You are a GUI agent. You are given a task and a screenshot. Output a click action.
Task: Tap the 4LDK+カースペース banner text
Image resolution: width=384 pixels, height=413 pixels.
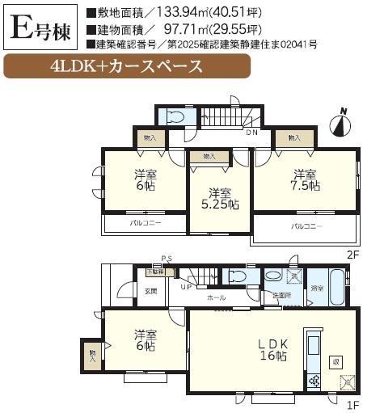pyautogui.click(x=125, y=65)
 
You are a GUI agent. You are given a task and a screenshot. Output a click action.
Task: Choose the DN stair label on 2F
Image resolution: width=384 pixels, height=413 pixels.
pyautogui.click(x=251, y=133)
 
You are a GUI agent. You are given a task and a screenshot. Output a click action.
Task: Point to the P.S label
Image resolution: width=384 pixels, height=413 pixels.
pyautogui.click(x=166, y=259)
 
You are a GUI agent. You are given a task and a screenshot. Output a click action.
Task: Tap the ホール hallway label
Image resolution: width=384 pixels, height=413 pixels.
pyautogui.click(x=217, y=297)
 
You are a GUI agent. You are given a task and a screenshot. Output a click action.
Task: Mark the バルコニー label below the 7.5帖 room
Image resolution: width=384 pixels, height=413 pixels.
pyautogui.click(x=307, y=226)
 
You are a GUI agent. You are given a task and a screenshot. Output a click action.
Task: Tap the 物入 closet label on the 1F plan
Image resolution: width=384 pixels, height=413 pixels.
pyautogui.click(x=92, y=353)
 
